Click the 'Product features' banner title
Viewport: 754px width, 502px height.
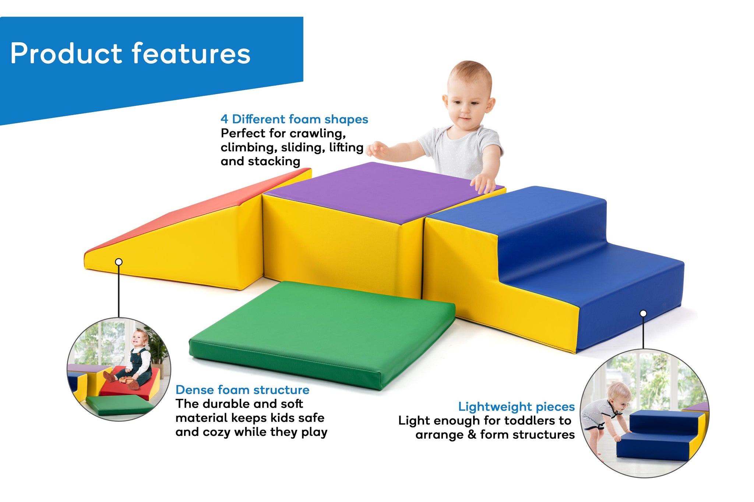coord(130,54)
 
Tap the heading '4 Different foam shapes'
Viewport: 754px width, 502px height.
coord(294,119)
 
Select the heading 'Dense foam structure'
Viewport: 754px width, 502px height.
coord(242,390)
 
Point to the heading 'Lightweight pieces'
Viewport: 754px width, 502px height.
coord(516,407)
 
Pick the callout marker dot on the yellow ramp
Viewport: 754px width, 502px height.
coord(119,262)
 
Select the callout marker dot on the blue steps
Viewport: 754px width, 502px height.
coord(643,313)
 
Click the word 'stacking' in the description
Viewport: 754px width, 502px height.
coord(274,161)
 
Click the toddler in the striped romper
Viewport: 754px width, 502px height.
coord(606,419)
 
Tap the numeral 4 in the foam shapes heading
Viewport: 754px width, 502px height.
coord(224,119)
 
